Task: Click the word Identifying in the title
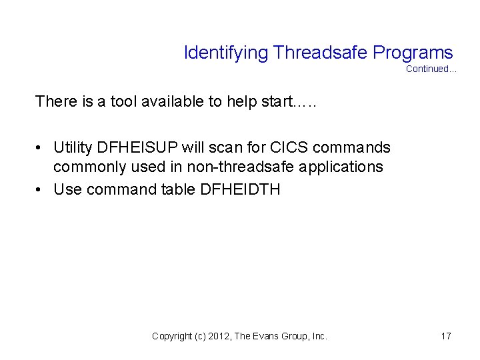pos(226,53)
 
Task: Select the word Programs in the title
pos(413,53)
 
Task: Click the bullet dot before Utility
pos(41,147)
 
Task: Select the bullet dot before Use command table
pos(41,189)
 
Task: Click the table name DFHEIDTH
pos(240,189)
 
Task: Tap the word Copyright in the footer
pos(171,337)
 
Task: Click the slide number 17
pos(446,337)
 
